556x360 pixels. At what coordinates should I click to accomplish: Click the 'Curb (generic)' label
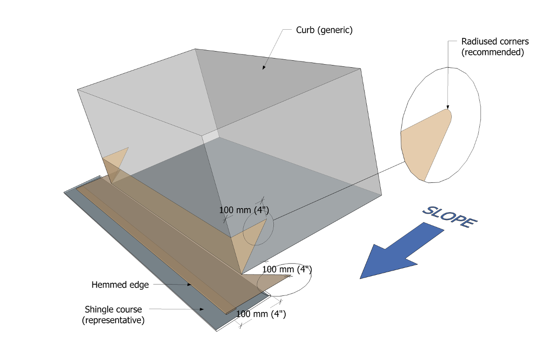[324, 31]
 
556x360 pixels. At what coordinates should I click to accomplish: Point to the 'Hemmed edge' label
[120, 285]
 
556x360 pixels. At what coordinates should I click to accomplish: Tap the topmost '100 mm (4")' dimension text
[244, 210]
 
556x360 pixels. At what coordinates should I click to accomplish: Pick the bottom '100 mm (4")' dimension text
[261, 314]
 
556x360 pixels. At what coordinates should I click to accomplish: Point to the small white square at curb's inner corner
[210, 135]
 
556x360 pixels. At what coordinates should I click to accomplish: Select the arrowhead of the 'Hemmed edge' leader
[189, 285]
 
